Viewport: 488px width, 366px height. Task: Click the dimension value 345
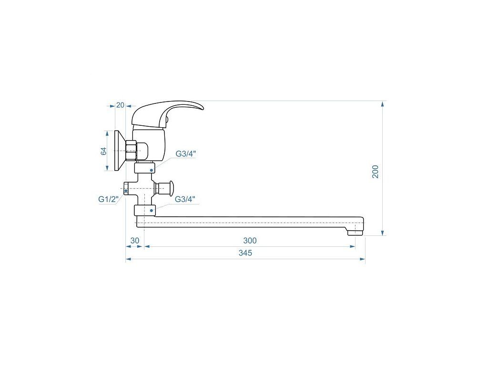[245, 253]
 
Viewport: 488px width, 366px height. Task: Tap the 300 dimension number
[250, 241]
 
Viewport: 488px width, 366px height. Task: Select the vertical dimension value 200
[376, 172]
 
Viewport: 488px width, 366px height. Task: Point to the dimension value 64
[103, 151]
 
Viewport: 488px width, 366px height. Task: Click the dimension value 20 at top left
[120, 105]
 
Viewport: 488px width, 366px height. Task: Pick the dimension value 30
[135, 241]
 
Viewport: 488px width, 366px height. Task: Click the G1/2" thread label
[108, 199]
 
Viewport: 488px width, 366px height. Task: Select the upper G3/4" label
[186, 154]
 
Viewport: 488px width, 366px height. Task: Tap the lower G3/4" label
[185, 199]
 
